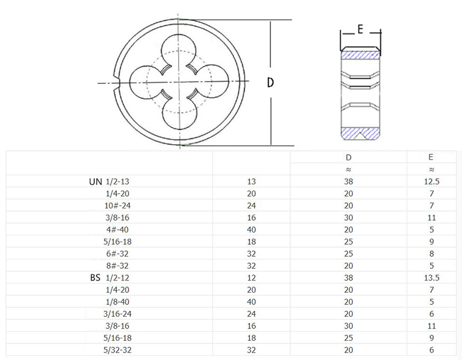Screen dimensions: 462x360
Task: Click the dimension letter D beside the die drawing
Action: [270, 82]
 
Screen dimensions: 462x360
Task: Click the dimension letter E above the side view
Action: [360, 29]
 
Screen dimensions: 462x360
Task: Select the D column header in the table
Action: [349, 157]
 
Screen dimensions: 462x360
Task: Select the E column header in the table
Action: [431, 157]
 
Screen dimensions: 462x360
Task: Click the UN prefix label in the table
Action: [95, 182]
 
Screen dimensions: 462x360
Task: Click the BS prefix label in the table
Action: [95, 278]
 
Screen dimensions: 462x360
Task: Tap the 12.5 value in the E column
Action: [432, 182]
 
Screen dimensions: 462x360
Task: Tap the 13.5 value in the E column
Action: [432, 278]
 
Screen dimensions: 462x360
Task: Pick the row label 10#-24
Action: [117, 205]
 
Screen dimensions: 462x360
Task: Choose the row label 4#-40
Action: [117, 230]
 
